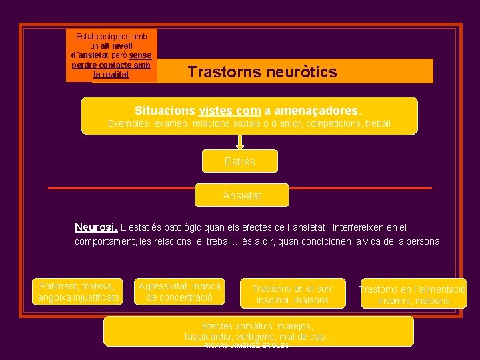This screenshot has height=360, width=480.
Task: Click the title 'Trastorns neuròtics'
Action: [x=262, y=72]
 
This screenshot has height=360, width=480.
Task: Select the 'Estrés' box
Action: [x=240, y=161]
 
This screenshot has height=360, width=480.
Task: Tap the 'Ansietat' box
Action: [x=242, y=195]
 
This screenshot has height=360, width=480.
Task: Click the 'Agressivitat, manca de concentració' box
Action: [x=179, y=291]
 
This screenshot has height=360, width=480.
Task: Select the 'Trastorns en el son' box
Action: [x=293, y=294]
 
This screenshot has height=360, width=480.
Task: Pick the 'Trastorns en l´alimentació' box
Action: [x=413, y=295]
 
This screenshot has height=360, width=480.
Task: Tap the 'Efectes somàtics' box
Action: [x=258, y=331]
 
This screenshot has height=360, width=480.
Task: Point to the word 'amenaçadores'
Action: [x=312, y=110]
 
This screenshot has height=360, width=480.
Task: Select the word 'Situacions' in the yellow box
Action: [x=165, y=110]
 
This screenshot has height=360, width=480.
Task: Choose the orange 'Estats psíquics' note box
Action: [x=112, y=55]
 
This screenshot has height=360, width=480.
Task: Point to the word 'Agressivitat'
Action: [x=164, y=286]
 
